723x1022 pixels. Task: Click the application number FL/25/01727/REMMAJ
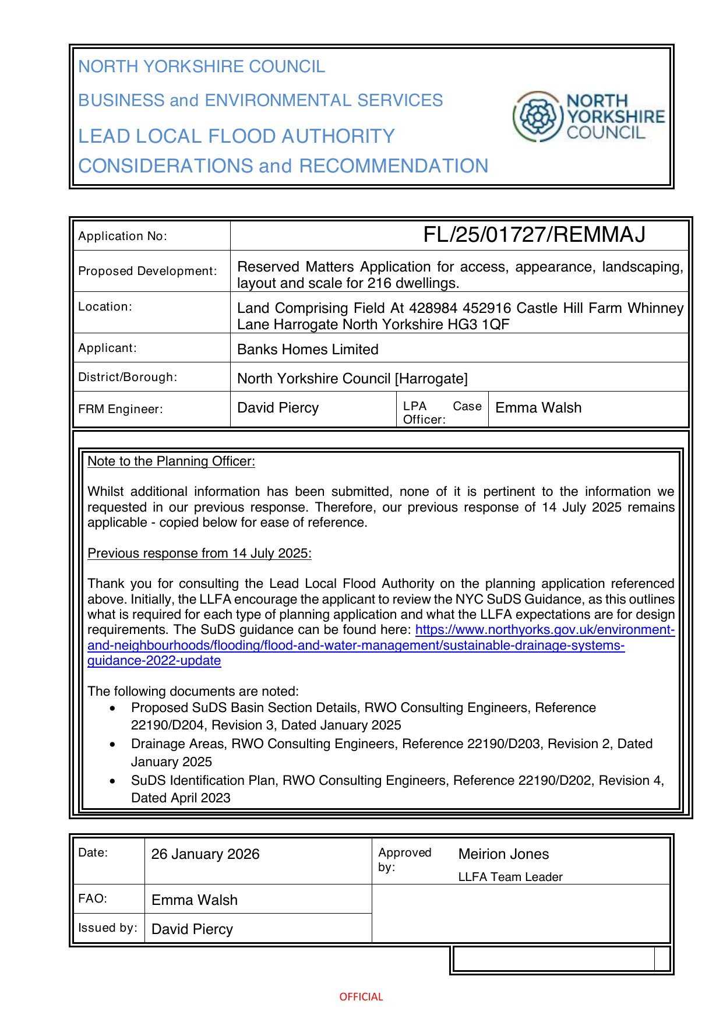pos(534,235)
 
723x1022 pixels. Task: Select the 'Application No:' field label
pos(122,236)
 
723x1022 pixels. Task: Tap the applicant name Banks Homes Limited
pos(308,349)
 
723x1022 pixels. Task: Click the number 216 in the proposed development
pos(379,283)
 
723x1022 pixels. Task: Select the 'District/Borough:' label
pos(128,377)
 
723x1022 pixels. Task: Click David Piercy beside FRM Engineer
pos(278,408)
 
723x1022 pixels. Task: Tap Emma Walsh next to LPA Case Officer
pos(538,408)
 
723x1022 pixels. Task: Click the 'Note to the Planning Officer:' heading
pos(171,461)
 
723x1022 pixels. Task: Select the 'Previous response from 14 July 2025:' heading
pos(199,553)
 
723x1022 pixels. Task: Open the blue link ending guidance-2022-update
pos(154,661)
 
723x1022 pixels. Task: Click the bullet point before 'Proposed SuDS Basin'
pos(112,708)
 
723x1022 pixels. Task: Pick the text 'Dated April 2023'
pos(181,798)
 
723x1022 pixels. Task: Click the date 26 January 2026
pos(205,854)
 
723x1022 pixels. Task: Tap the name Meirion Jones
pos(503,854)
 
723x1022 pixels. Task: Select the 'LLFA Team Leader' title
pos(510,877)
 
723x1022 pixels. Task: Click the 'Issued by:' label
pos(108,928)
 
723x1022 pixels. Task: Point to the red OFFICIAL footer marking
pos(361,996)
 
